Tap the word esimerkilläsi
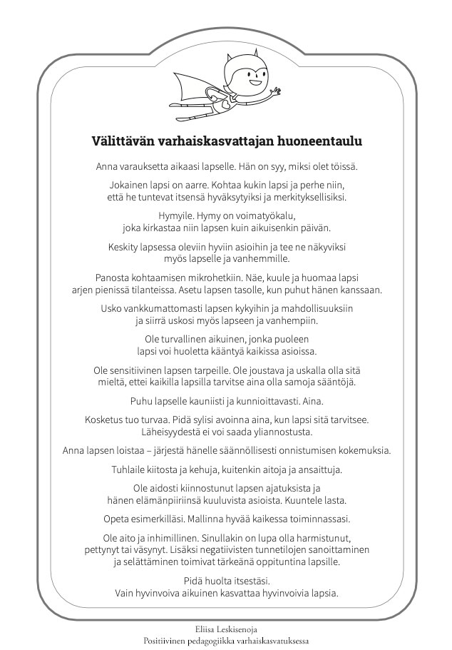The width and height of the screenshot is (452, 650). pyautogui.click(x=204, y=519)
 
